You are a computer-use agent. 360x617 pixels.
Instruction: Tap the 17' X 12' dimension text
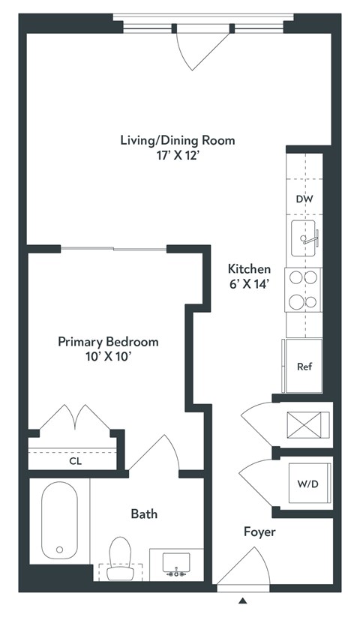point(178,157)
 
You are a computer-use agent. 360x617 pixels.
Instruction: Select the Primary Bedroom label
point(109,341)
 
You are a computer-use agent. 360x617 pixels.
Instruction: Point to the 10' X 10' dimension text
point(109,357)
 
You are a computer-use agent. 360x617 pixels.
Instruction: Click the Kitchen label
point(250,268)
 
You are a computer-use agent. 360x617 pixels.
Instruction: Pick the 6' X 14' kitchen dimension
point(250,284)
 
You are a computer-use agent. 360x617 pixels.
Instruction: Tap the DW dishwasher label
point(304,199)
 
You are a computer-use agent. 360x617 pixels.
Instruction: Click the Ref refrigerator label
point(304,367)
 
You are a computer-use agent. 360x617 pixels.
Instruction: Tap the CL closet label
point(75,461)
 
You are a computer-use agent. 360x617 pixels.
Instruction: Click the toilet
point(119,559)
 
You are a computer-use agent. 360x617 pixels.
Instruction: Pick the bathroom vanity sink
point(176,564)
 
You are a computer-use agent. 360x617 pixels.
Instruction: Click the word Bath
point(144,514)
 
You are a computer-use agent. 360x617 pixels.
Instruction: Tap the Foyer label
point(259,532)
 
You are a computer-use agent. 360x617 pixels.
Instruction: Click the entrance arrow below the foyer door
point(242,601)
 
